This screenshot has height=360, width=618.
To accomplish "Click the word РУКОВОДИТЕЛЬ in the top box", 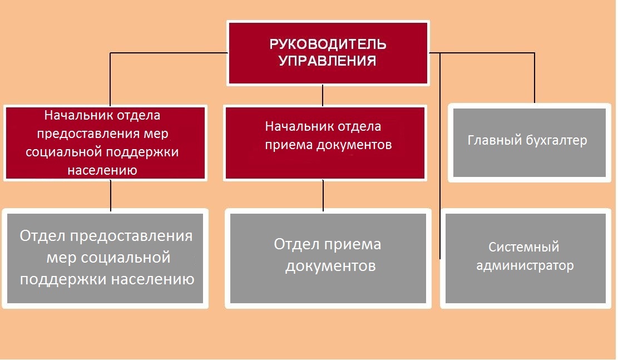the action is pos(328,44).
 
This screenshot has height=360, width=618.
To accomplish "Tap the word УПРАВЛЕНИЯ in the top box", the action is pos(328,61).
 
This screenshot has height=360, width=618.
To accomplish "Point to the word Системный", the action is pos(524,247).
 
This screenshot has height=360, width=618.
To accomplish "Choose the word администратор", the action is pos(525,265).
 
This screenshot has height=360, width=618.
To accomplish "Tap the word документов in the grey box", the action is pos(330,266).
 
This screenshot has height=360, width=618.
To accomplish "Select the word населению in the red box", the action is pos(102,170).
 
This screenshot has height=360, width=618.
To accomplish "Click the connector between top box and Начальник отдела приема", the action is pos(323,95).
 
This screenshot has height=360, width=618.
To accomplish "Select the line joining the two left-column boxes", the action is pos(111,195).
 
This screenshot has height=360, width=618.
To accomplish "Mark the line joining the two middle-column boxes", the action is pos(323,195).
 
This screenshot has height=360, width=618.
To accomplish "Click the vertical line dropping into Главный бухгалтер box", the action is pos(535,78).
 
